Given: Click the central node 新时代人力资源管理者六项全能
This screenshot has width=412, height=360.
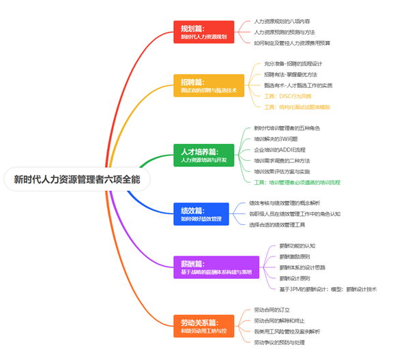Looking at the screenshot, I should (76, 180).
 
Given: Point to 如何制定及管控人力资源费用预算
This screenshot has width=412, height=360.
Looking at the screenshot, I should (292, 43).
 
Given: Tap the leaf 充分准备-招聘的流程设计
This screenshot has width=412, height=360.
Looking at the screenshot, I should (297, 63).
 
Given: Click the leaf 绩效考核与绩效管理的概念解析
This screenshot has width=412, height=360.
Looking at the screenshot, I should (293, 203).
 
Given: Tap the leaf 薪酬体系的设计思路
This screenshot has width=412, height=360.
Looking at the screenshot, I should (303, 267).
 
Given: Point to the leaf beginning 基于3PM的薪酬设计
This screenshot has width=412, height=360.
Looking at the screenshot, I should (327, 289).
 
